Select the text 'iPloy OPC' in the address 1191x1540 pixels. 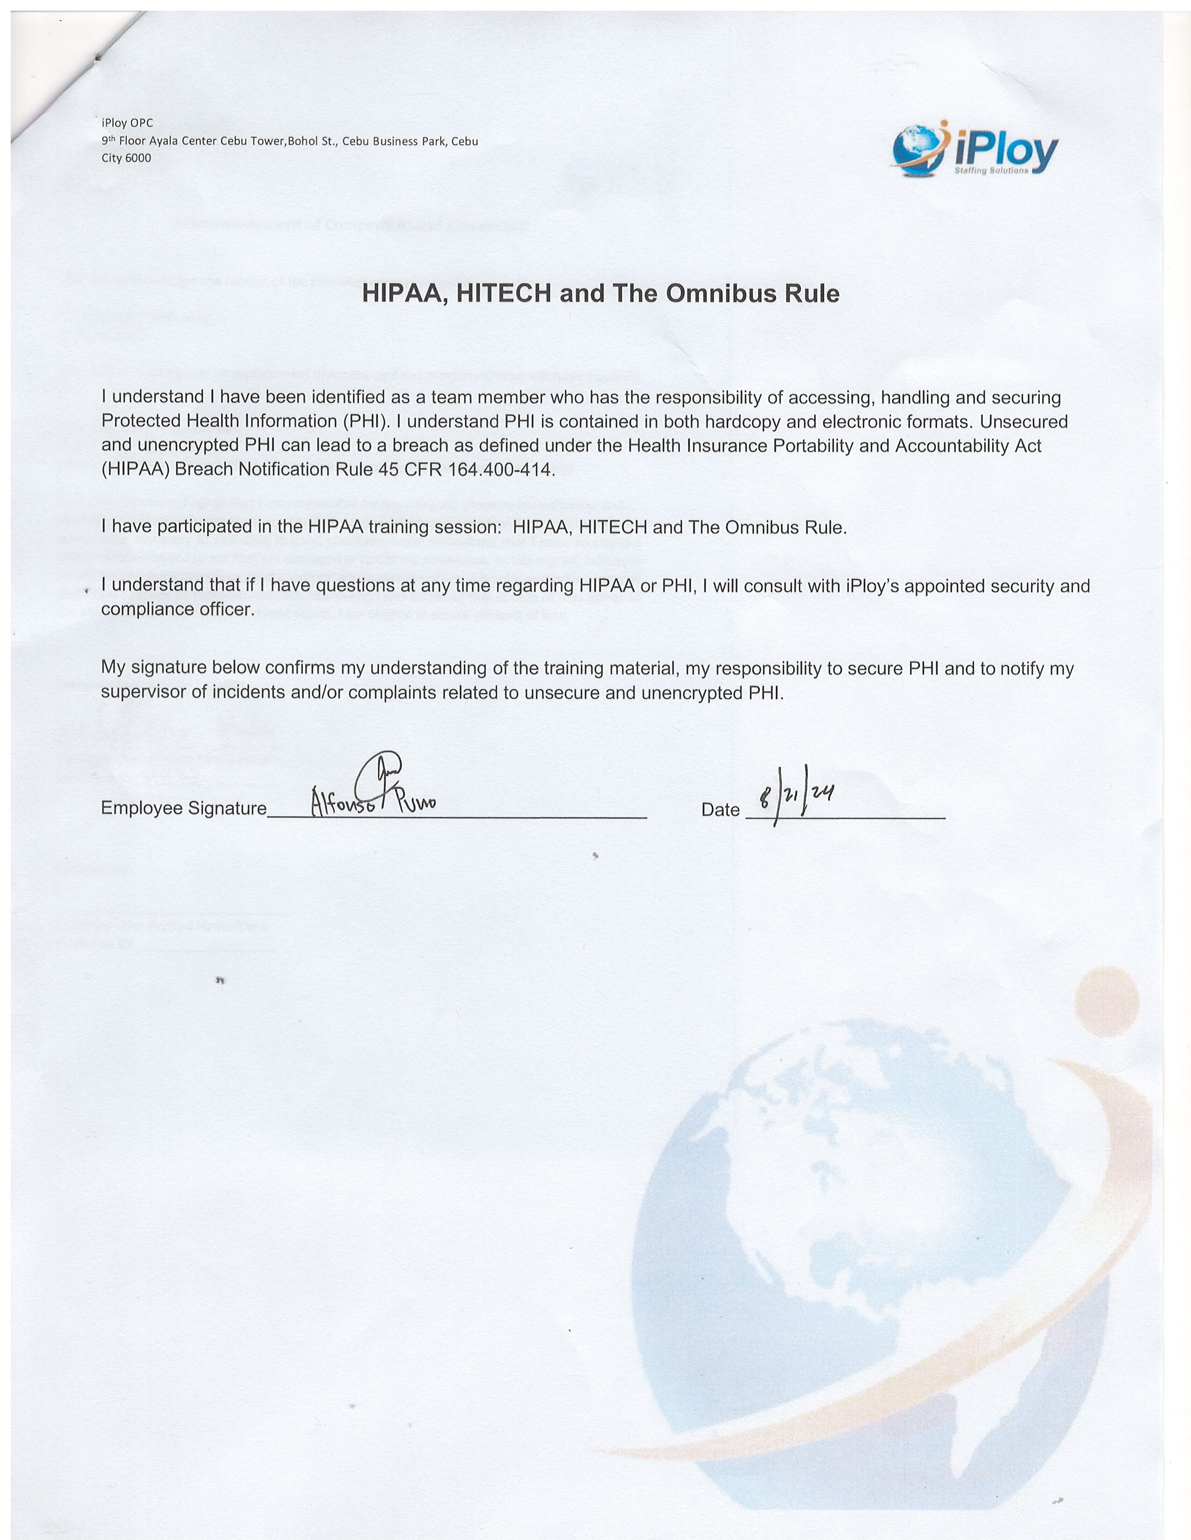(128, 123)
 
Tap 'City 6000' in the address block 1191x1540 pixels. (126, 158)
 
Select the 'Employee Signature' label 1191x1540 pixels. (184, 808)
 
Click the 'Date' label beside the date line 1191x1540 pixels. (720, 810)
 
